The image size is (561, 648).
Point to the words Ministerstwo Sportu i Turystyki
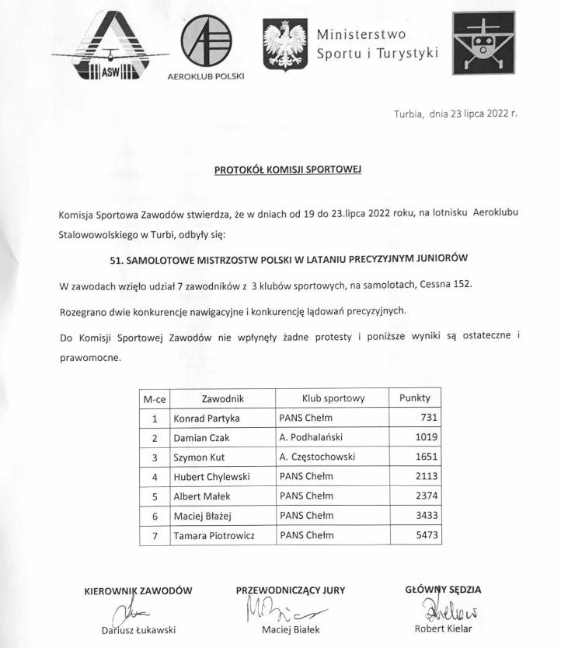pos(377,44)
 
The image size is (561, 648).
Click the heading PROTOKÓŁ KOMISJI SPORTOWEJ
pos(288,169)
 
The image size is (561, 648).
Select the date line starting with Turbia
pos(455,113)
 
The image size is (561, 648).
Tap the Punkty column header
pos(414,398)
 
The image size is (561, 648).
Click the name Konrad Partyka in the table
pos(207,418)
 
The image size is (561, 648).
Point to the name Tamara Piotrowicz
pos(214,535)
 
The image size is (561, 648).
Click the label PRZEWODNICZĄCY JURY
pos(291,590)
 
